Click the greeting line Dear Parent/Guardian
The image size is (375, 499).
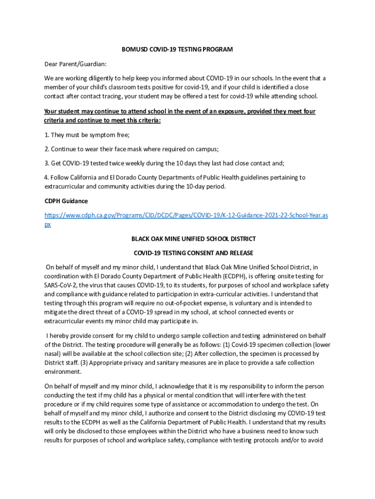(x=75, y=64)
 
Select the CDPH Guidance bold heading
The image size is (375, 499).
(x=66, y=201)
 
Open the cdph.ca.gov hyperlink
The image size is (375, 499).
(x=186, y=215)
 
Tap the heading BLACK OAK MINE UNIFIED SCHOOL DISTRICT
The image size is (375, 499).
(x=193, y=239)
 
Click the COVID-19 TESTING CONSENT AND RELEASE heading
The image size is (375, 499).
(x=193, y=253)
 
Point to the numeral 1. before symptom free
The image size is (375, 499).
(x=47, y=135)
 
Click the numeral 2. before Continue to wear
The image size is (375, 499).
(x=47, y=149)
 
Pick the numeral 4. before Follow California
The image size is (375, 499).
(x=47, y=177)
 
